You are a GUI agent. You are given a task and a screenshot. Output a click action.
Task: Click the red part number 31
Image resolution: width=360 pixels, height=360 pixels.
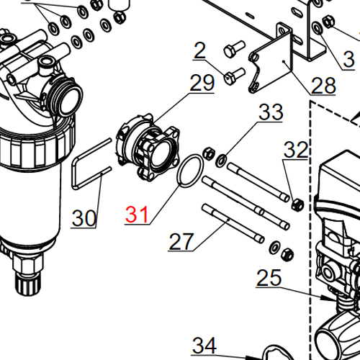(136, 214)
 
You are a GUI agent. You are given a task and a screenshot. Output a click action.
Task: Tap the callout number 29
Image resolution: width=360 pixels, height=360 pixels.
(202, 83)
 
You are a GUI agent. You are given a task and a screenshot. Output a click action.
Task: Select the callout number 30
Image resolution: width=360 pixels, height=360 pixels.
(84, 217)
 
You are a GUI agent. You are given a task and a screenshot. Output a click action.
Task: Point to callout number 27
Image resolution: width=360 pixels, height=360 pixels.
(181, 241)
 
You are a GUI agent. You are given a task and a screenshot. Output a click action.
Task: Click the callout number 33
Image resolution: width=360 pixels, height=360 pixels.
(271, 112)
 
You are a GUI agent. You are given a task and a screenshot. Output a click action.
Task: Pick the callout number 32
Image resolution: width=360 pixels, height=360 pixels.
(296, 150)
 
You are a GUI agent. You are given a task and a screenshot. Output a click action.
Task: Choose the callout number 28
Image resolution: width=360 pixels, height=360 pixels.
(323, 86)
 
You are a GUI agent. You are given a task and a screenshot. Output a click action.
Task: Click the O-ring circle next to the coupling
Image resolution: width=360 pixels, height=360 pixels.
(189, 174)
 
